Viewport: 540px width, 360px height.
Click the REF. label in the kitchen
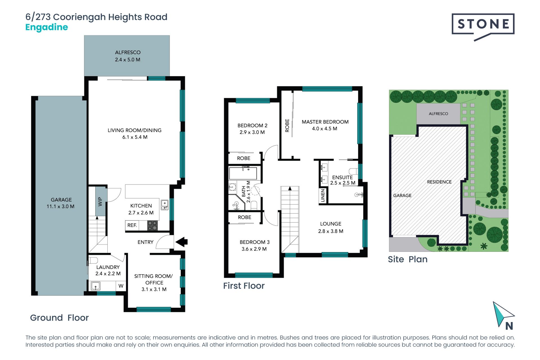click(132, 225)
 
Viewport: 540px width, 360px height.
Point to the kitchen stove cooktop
click(152, 226)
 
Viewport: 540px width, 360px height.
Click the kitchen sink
click(165, 205)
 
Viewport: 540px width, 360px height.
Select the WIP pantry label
click(100, 201)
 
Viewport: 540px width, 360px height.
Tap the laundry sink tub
click(96, 286)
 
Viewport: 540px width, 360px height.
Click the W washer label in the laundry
click(121, 286)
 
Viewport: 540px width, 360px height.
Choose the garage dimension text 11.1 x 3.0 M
click(60, 206)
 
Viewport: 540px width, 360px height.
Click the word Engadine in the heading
click(47, 27)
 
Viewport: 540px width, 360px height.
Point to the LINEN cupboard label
click(323, 195)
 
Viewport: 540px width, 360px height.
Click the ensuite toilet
click(354, 171)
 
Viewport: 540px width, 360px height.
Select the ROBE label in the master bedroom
click(287, 125)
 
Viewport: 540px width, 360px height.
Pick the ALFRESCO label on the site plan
click(438, 114)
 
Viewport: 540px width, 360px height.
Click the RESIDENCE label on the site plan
click(439, 182)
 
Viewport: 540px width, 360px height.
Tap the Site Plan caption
click(408, 259)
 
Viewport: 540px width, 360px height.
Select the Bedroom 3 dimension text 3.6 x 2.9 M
click(254, 249)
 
